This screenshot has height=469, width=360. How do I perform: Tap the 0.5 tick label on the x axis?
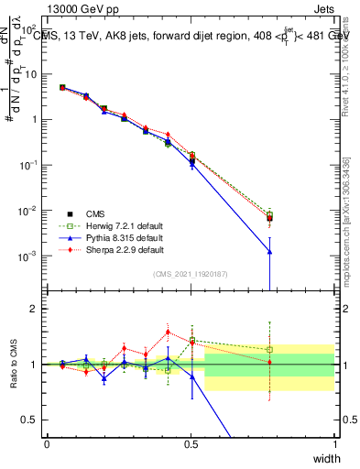click(x=191, y=443)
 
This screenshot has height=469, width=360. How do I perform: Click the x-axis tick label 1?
click(x=335, y=443)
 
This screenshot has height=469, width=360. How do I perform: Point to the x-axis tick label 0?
click(x=48, y=443)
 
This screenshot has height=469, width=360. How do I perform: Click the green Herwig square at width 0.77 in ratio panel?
click(x=269, y=349)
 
